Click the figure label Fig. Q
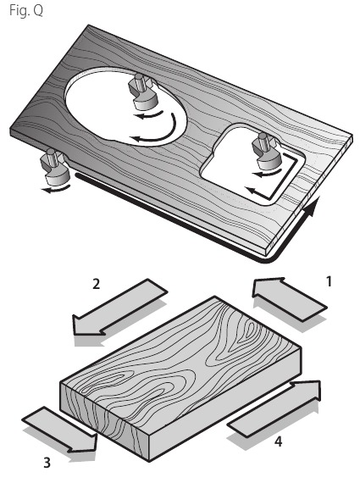click(x=26, y=11)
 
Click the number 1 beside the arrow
click(x=329, y=281)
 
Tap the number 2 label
click(x=96, y=284)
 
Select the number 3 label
click(x=47, y=463)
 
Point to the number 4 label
click(x=278, y=441)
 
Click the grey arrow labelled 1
click(x=289, y=298)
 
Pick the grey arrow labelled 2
click(x=119, y=308)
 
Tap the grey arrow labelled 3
click(x=60, y=430)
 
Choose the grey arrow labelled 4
click(x=274, y=408)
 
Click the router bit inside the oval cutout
click(x=142, y=92)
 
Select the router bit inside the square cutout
click(x=266, y=151)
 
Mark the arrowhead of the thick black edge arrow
click(x=309, y=206)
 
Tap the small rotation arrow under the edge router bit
click(x=55, y=189)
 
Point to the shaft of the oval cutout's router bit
click(x=140, y=81)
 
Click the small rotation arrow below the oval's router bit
click(x=148, y=114)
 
